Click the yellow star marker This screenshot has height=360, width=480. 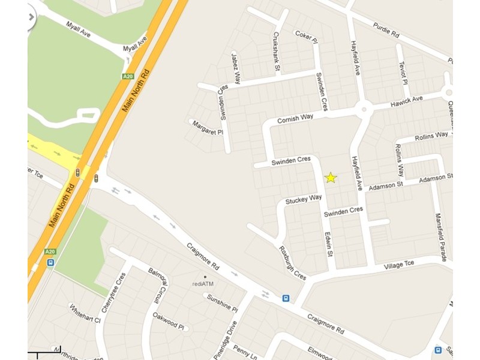[x=331, y=178]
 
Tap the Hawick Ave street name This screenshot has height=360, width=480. [x=407, y=98]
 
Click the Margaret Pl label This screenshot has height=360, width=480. [x=207, y=127]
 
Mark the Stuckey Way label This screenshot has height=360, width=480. [x=304, y=199]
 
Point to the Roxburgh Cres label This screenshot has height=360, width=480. [x=292, y=263]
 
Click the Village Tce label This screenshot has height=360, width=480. [x=399, y=265]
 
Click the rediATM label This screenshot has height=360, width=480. [x=203, y=283]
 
